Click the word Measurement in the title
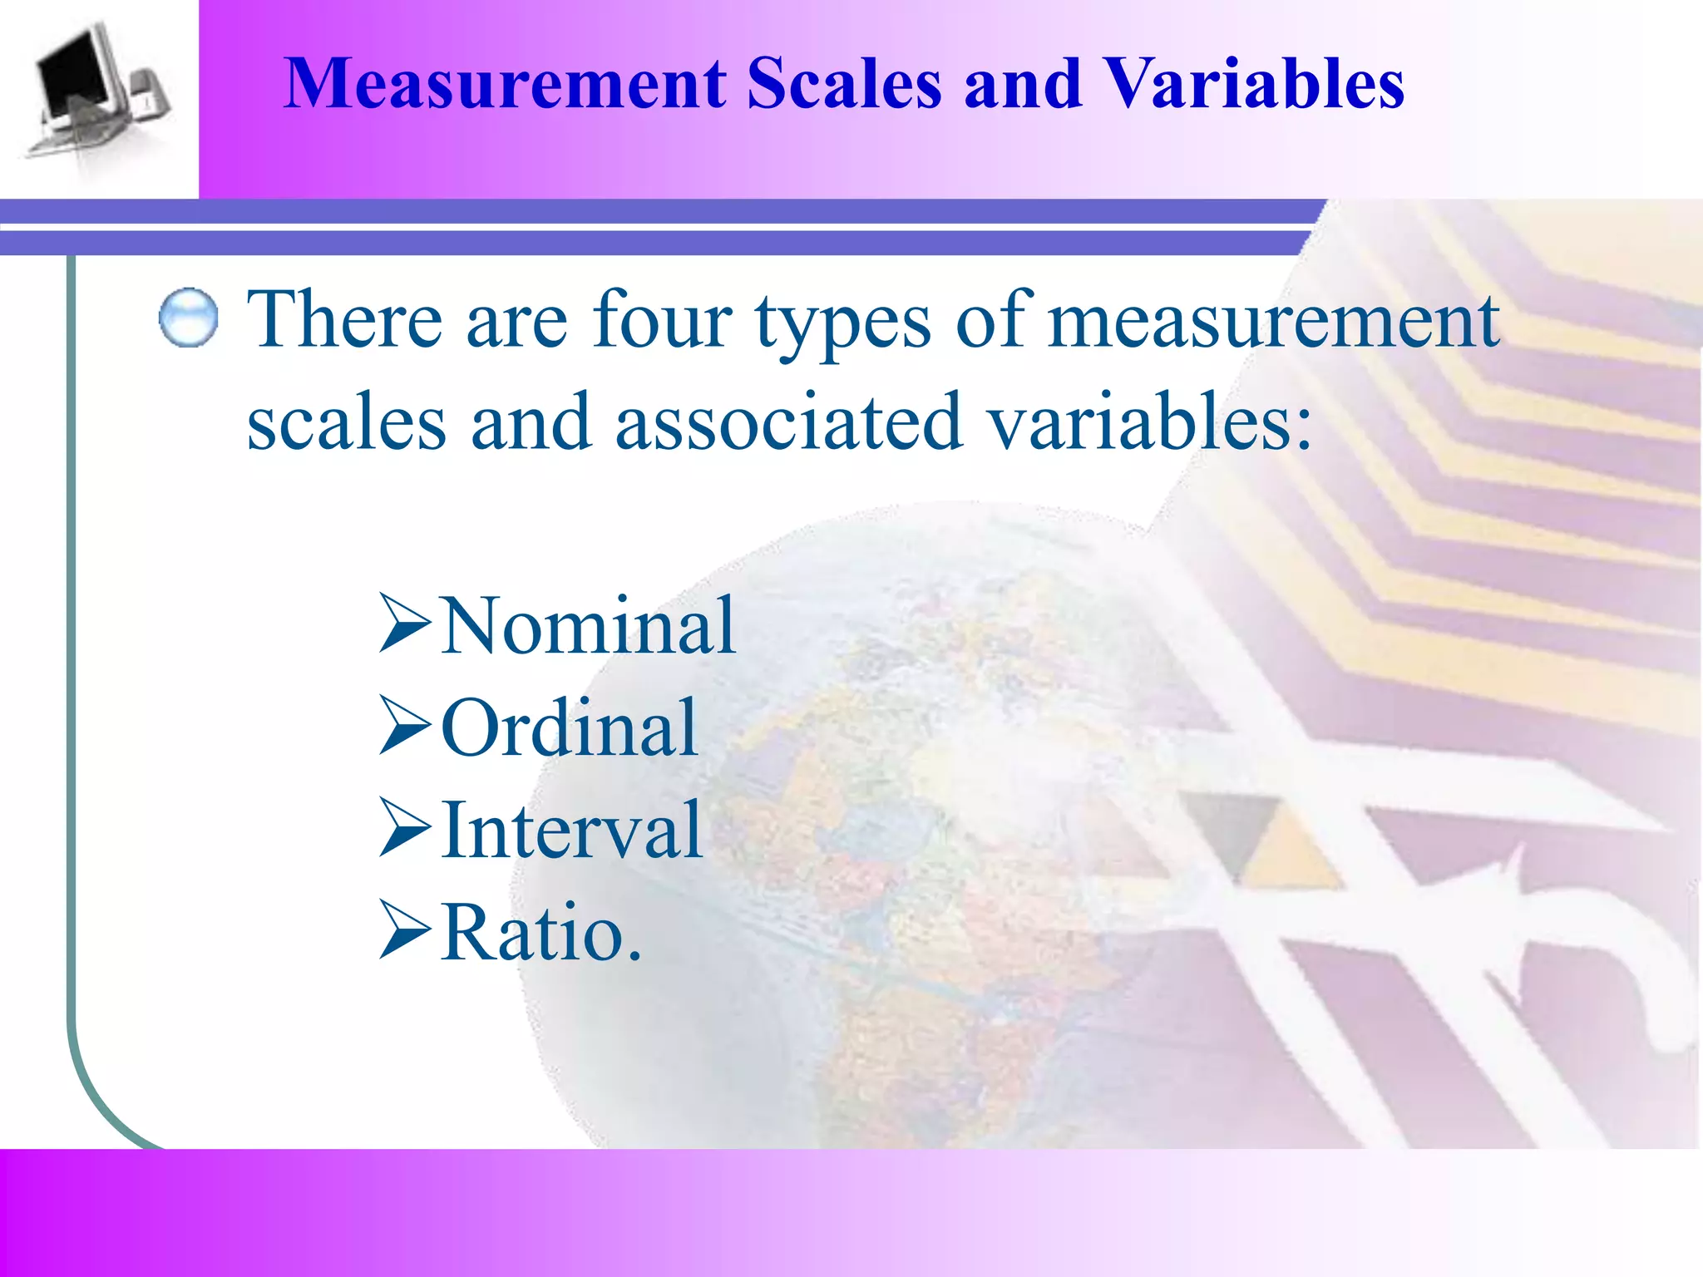(505, 84)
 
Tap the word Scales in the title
(844, 84)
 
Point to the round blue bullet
(188, 318)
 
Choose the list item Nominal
(588, 626)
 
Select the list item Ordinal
(570, 728)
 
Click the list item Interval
(572, 830)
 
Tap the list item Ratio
(541, 933)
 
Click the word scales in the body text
(346, 423)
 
